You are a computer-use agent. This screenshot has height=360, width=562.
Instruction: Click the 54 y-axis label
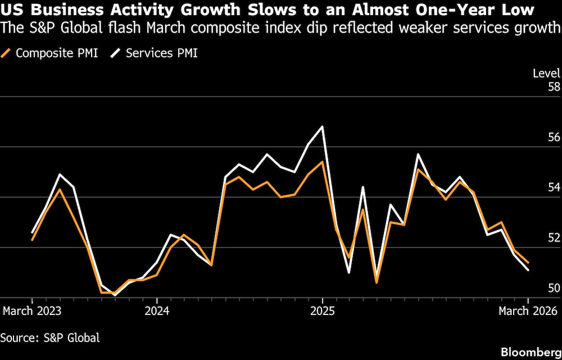(x=554, y=187)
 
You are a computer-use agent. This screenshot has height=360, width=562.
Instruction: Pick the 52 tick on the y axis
(x=554, y=238)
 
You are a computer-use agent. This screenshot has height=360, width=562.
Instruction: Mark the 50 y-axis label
(x=554, y=288)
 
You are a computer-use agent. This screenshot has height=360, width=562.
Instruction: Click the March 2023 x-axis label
(x=32, y=311)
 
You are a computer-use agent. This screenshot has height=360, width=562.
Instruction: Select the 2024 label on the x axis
(x=157, y=311)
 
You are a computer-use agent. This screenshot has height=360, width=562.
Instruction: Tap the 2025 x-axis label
(x=323, y=311)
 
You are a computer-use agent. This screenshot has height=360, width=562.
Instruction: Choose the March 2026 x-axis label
(x=528, y=311)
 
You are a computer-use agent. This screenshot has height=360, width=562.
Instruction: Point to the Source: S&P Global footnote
(x=50, y=337)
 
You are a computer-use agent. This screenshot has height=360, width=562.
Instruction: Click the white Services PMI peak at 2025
(x=323, y=127)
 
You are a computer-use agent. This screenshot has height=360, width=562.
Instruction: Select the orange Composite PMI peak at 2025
(x=322, y=162)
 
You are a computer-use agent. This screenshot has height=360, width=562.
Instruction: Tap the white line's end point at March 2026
(x=528, y=270)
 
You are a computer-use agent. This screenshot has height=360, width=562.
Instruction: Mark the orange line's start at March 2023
(x=33, y=240)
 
